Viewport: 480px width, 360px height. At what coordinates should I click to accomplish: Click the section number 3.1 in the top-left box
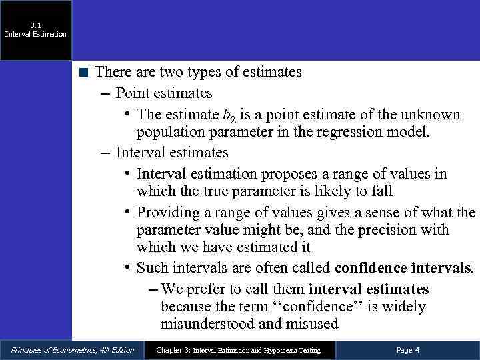35,25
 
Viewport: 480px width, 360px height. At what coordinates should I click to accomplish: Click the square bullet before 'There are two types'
83,72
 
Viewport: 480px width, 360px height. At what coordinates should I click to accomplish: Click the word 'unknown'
433,114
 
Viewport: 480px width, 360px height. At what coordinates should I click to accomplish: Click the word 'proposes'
289,174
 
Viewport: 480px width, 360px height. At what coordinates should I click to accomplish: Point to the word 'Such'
151,269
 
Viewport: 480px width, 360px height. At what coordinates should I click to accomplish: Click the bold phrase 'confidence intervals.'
404,269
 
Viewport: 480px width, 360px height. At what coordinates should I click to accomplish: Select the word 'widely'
403,307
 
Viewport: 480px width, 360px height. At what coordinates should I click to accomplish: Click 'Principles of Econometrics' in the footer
49,350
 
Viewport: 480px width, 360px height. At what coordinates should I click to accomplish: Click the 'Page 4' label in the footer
407,350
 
